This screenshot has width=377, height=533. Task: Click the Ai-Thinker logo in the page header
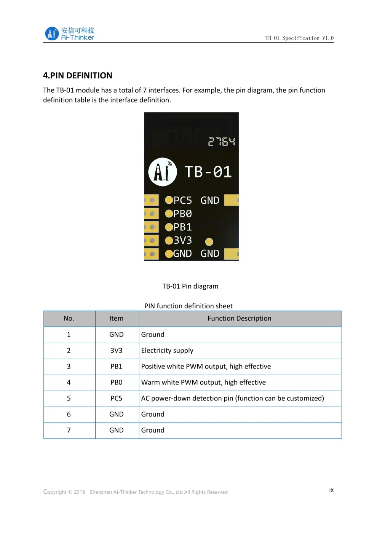coord(70,34)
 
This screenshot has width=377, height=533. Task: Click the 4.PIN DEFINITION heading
coord(78,75)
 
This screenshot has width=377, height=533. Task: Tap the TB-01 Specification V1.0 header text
coord(299,38)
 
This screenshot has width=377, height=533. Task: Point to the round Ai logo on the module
coord(163,172)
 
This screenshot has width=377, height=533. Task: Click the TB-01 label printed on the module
coord(208,172)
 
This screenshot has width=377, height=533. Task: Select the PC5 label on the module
coord(183,200)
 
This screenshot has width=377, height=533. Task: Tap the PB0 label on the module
coord(183,214)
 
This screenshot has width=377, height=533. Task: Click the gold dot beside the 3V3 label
coord(169,241)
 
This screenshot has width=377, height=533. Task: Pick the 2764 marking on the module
coord(222,142)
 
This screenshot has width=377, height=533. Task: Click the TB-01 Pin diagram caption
coord(190,286)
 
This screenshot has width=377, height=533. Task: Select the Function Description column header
coord(240,318)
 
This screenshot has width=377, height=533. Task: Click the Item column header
coord(117,318)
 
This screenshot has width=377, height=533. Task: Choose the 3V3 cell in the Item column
coord(117,350)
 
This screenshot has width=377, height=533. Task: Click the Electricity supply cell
coord(167,350)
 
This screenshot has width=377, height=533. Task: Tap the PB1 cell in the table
coord(117,366)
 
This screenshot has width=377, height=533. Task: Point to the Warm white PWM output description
coord(203,382)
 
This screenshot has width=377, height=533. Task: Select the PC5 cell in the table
coord(117,398)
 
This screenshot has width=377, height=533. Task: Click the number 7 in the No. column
coord(69,430)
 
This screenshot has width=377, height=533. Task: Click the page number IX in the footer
coord(331,490)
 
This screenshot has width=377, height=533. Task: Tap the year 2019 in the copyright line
coord(79,492)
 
